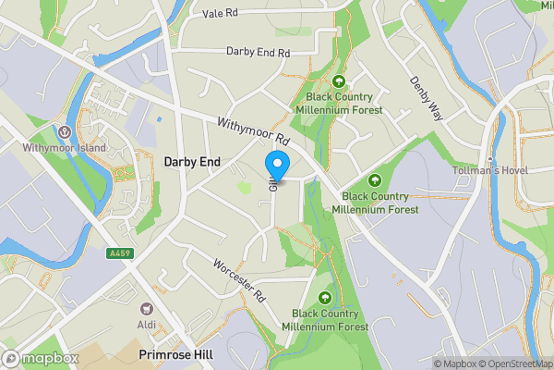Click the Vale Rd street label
click(x=220, y=14)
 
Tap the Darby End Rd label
click(x=257, y=52)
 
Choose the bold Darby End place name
click(x=192, y=161)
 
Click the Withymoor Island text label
click(x=65, y=147)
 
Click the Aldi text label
click(x=146, y=325)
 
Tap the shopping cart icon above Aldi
click(x=146, y=309)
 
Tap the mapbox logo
click(x=41, y=357)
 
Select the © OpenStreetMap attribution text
click(x=514, y=363)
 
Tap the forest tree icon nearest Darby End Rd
click(x=339, y=81)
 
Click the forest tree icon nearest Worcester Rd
click(x=325, y=297)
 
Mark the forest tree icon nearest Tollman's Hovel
click(x=375, y=179)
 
